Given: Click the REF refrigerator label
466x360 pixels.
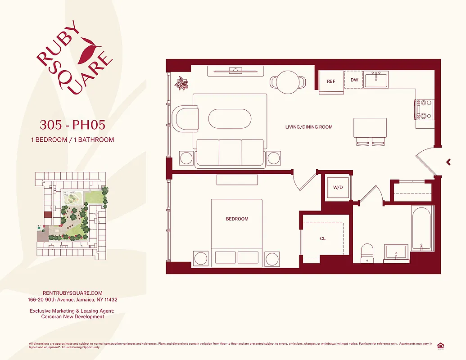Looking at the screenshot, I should (331, 81).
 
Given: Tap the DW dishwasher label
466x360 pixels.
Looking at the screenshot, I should (354, 80).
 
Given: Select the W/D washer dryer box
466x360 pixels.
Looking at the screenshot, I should (338, 187).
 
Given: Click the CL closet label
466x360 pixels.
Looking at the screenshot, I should (323, 238).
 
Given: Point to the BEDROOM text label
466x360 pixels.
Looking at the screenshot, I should (237, 219).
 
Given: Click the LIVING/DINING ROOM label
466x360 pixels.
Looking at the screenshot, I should (309, 127).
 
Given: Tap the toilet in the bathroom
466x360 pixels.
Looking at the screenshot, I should (368, 253).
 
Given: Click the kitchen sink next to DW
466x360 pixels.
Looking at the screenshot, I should (376, 80).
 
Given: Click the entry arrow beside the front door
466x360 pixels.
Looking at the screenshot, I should (448, 162).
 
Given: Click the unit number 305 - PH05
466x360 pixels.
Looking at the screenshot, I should (72, 124).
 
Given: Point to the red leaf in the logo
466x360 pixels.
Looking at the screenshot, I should (88, 52).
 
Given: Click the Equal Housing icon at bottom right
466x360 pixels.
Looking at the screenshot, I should (440, 345).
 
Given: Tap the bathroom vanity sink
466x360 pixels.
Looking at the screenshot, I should (396, 253).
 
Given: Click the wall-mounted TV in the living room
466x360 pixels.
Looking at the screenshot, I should (235, 70).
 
